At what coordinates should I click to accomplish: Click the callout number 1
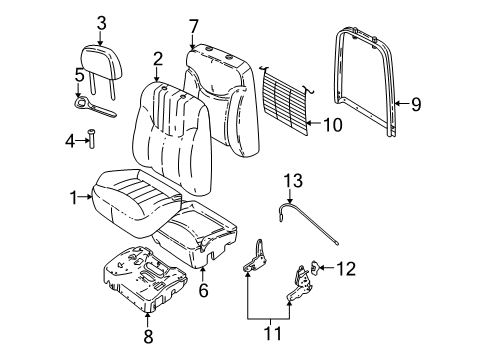[72, 197]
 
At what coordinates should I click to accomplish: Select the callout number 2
[157, 59]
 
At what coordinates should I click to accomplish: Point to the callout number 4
[69, 140]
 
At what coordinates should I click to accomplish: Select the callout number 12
[346, 268]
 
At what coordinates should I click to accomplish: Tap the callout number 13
[291, 180]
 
